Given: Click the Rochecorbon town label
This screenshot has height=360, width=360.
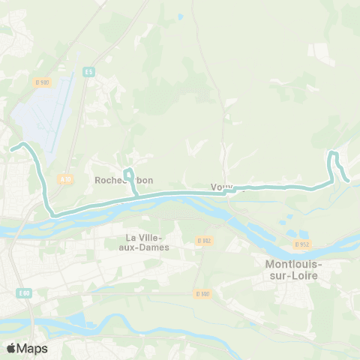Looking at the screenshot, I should click(x=124, y=180).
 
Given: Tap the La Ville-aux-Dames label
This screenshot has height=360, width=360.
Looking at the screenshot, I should click(x=147, y=242).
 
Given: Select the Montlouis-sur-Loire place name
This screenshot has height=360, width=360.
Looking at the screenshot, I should click(x=293, y=270).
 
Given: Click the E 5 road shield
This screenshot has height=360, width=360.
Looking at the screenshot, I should click(x=89, y=71).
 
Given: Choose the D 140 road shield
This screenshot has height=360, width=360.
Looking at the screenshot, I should click(x=200, y=293).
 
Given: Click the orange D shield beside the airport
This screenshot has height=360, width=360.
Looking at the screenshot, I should click(x=42, y=82).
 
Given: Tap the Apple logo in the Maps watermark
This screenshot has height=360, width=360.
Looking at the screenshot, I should click(x=12, y=348).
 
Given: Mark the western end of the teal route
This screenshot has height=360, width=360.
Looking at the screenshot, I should click(x=12, y=148).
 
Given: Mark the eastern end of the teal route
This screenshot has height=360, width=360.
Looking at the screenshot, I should click(x=348, y=179).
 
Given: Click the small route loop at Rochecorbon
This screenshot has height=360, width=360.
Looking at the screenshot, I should click(x=129, y=174).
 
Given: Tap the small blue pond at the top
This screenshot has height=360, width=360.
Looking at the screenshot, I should click(x=180, y=15).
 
